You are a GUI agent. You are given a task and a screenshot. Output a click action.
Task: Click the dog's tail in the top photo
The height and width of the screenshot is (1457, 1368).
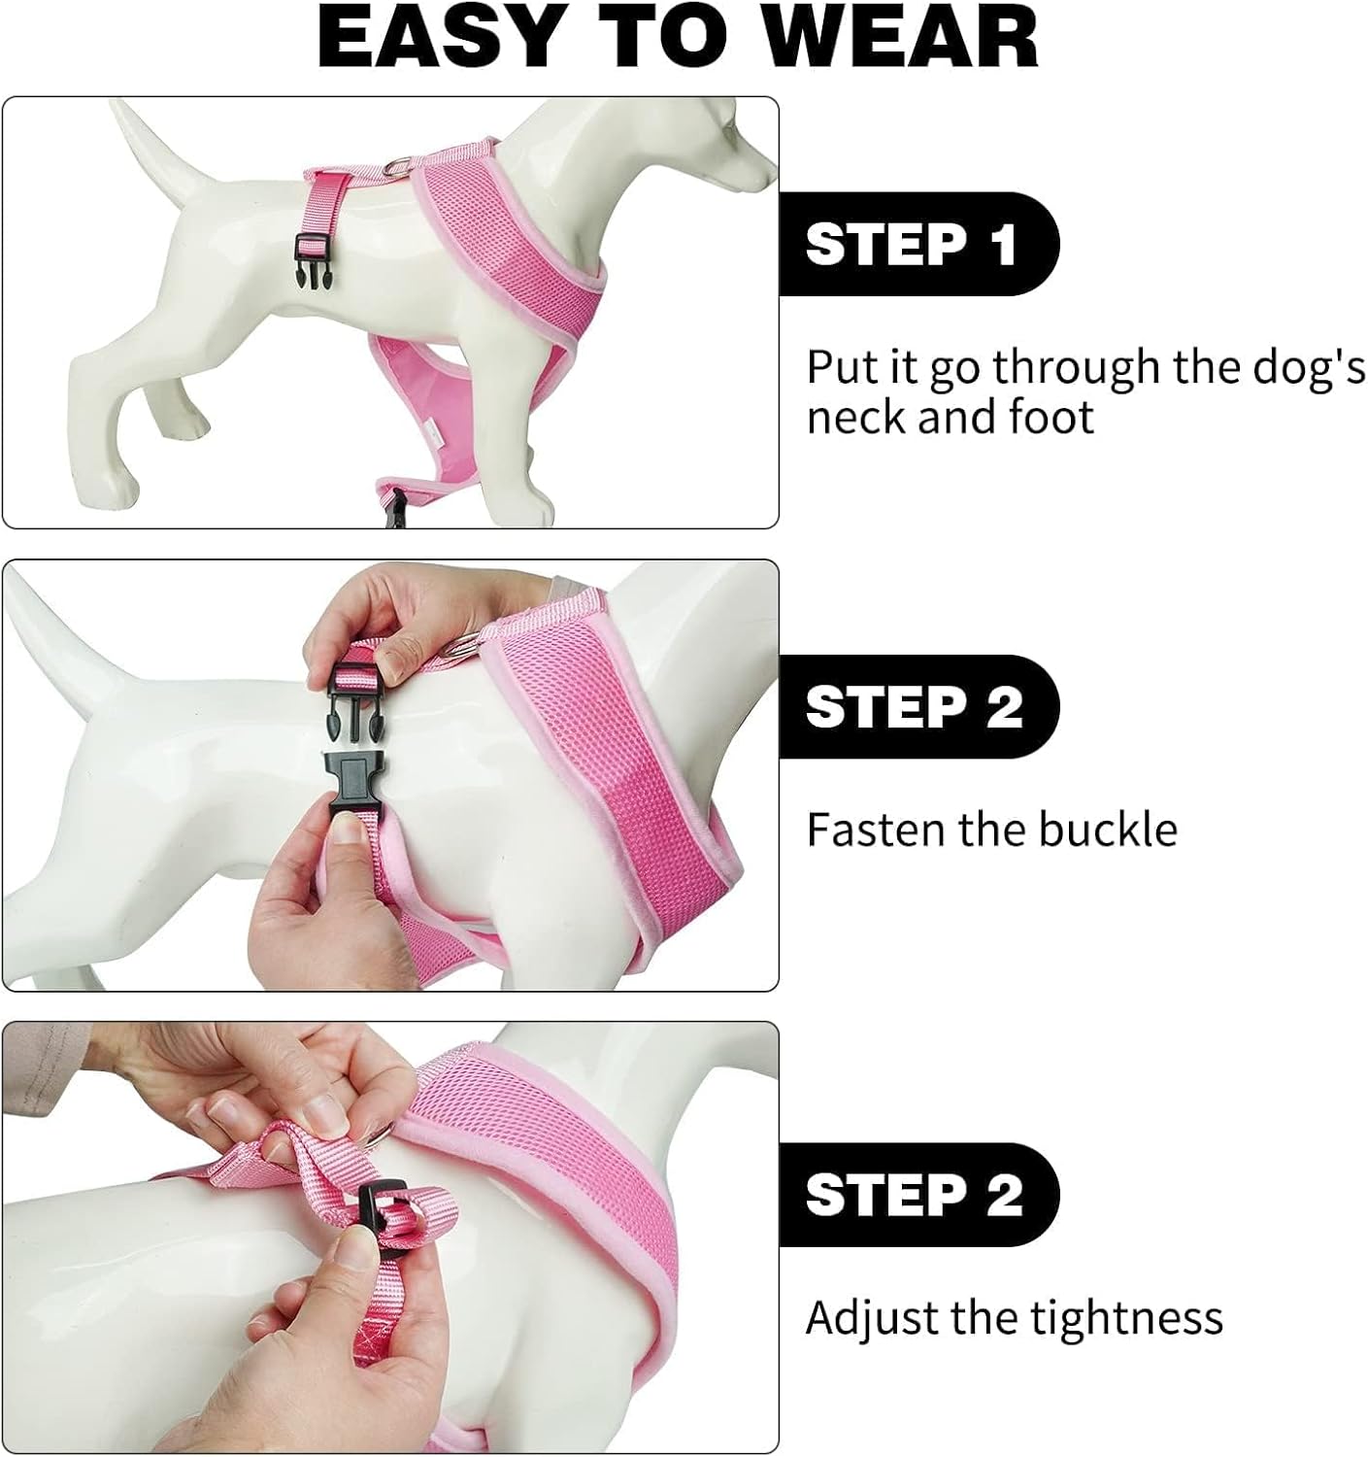pyautogui.click(x=155, y=146)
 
